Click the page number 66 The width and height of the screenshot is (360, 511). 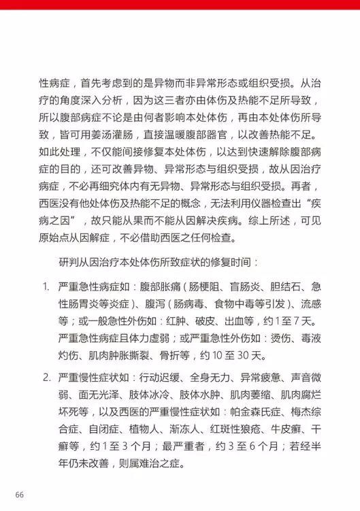pos(20,493)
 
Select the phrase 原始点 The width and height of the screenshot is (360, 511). pos(54,237)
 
